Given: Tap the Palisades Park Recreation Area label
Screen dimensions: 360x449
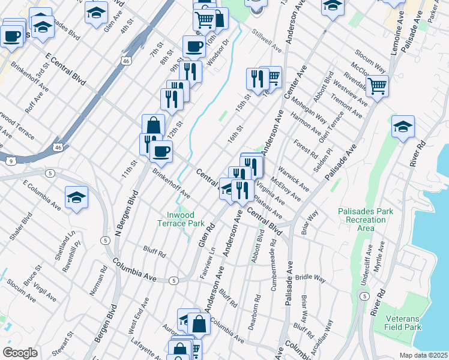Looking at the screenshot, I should pyautogui.click(x=362, y=220).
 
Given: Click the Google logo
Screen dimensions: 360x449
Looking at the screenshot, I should pyautogui.click(x=20, y=353).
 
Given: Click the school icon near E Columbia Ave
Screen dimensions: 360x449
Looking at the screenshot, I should pyautogui.click(x=77, y=199).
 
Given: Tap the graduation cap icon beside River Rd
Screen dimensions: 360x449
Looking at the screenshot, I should pyautogui.click(x=403, y=127).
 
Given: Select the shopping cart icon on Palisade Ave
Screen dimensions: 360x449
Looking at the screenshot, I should pyautogui.click(x=377, y=87).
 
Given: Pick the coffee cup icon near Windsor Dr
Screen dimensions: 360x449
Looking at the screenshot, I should pyautogui.click(x=193, y=47).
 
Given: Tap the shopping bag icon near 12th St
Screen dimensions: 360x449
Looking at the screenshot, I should pyautogui.click(x=153, y=126).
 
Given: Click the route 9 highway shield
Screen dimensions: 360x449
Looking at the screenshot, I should pyautogui.click(x=11, y=161).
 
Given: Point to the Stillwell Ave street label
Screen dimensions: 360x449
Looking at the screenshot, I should pyautogui.click(x=267, y=40).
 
